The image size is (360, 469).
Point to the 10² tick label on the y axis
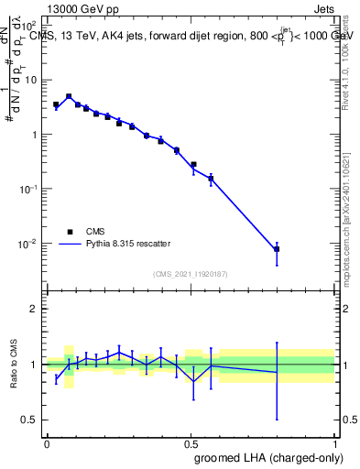click(x=29, y=27)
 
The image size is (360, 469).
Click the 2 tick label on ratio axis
click(x=34, y=309)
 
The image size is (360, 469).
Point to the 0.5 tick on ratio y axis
click(x=30, y=420)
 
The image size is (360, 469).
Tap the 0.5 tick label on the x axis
click(x=191, y=442)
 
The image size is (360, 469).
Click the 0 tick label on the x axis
click(x=46, y=442)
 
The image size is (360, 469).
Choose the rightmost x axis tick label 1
click(x=335, y=442)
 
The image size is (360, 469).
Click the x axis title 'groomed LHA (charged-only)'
click(x=274, y=458)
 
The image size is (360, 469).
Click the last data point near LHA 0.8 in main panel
click(x=277, y=249)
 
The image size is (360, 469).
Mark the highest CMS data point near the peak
click(x=69, y=96)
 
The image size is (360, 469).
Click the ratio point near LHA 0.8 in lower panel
click(x=277, y=372)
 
